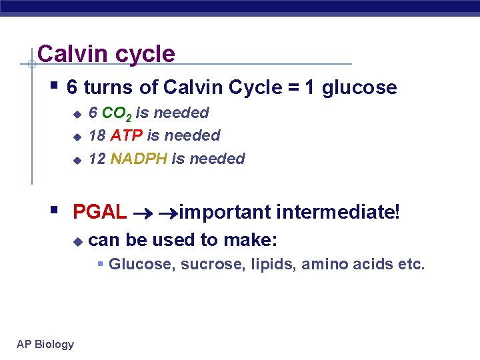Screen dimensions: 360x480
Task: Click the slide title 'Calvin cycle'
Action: pos(106,53)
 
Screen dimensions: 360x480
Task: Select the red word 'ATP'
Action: pos(127,135)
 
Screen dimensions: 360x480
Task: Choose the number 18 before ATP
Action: pos(97,135)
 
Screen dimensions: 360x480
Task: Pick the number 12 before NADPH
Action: pos(97,159)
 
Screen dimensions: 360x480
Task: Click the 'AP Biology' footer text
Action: pos(45,344)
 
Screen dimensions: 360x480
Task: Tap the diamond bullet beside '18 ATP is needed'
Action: pos(77,137)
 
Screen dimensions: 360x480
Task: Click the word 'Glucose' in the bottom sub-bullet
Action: pos(136,264)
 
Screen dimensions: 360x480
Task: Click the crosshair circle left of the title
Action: pos(31,64)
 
